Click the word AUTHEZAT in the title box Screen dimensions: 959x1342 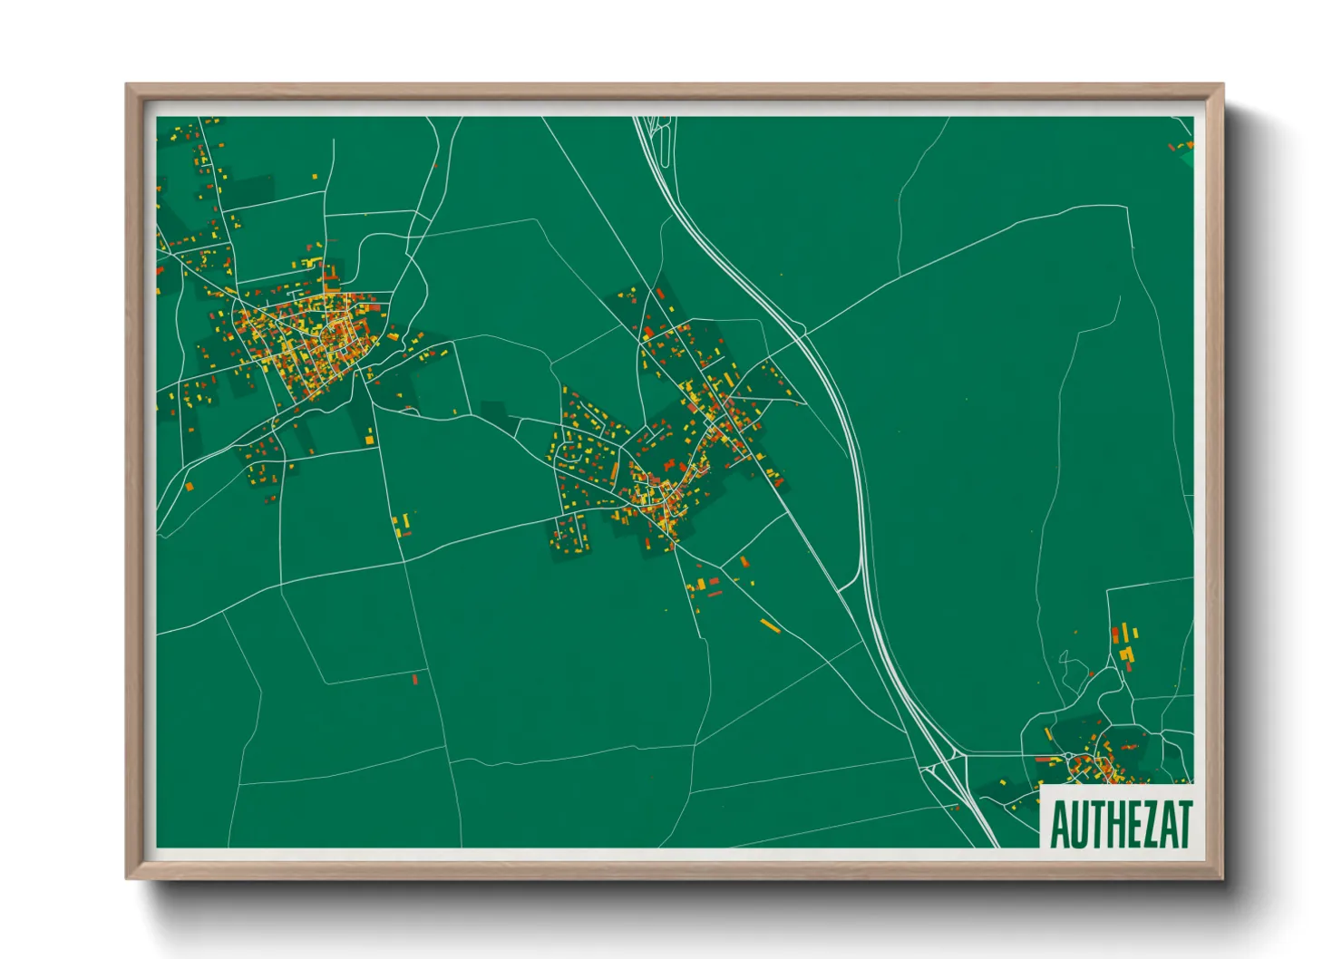click(1120, 824)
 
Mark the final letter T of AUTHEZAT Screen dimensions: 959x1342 click(1183, 824)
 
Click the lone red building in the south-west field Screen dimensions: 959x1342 click(415, 678)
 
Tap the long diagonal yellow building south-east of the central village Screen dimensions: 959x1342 click(770, 625)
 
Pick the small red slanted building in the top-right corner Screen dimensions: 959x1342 click(1172, 147)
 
